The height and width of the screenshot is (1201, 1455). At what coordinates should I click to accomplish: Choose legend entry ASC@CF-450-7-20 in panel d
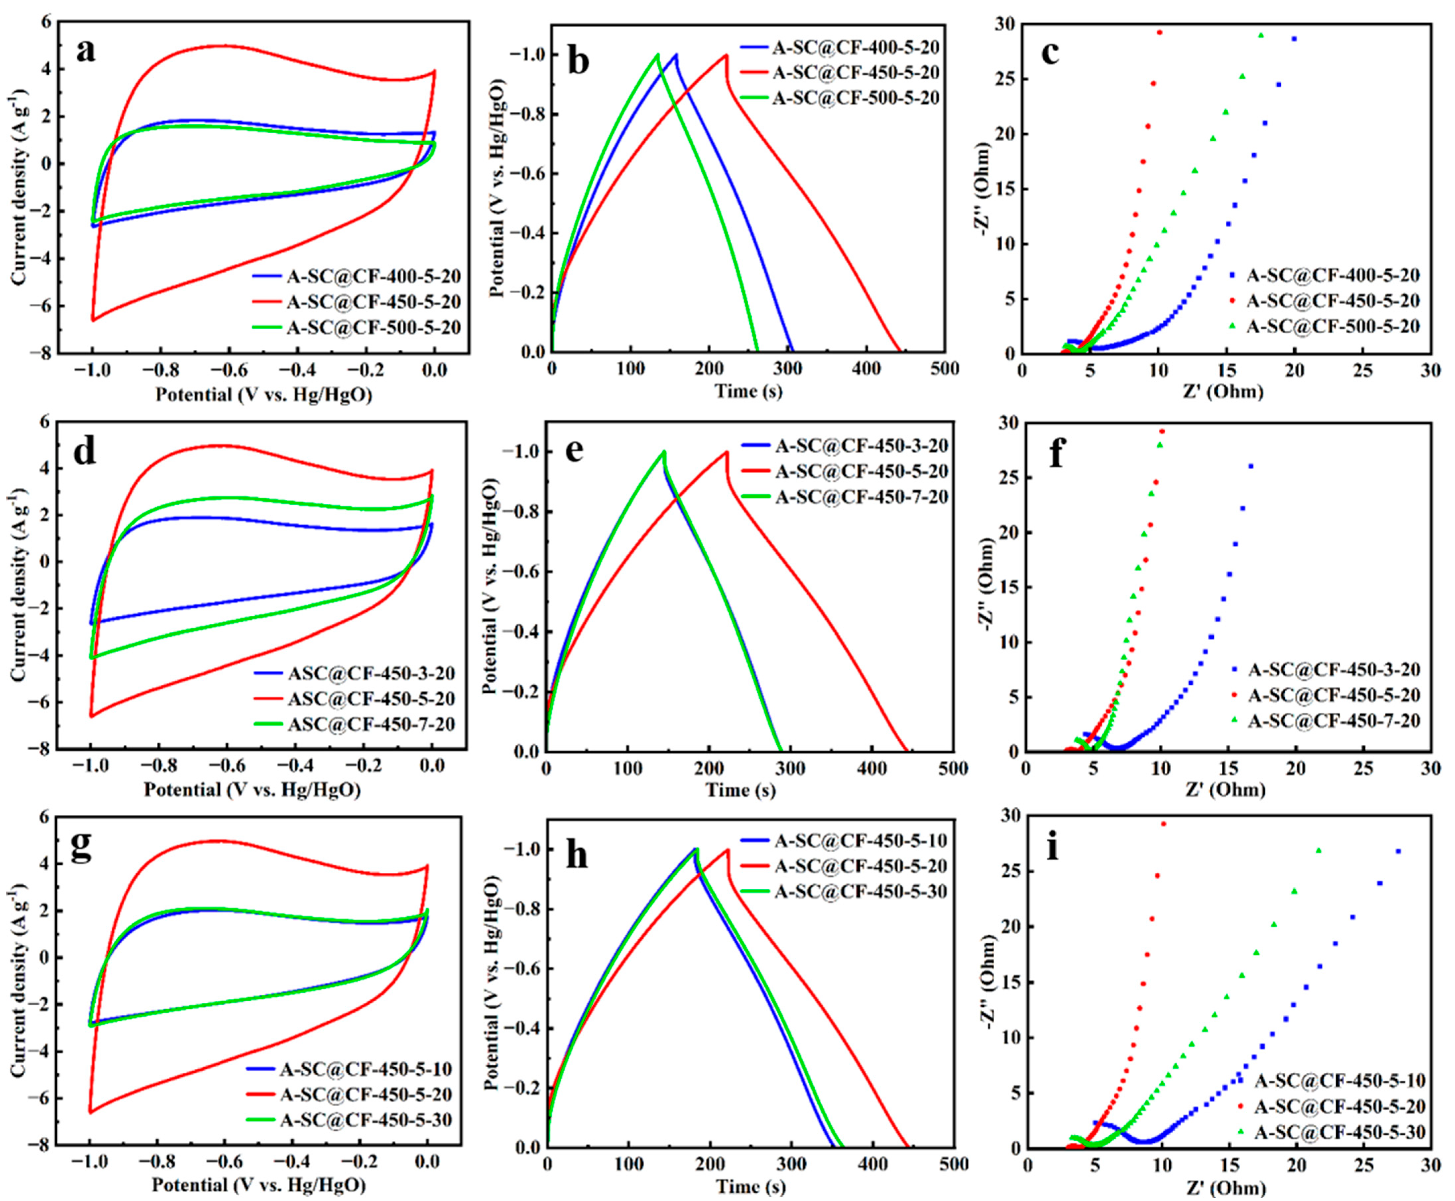click(x=371, y=724)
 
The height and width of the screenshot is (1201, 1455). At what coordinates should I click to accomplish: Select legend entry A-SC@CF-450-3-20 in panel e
click(x=861, y=446)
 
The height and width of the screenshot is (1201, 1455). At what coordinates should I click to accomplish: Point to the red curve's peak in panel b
click(x=726, y=55)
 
